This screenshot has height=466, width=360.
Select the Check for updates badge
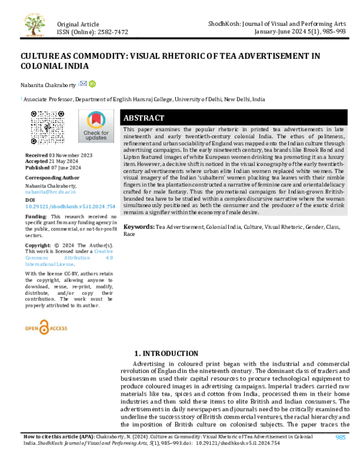coord(96,127)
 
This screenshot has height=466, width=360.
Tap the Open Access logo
coord(46,328)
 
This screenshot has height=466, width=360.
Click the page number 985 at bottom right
coord(340,438)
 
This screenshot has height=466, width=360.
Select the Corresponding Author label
coord(52,178)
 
